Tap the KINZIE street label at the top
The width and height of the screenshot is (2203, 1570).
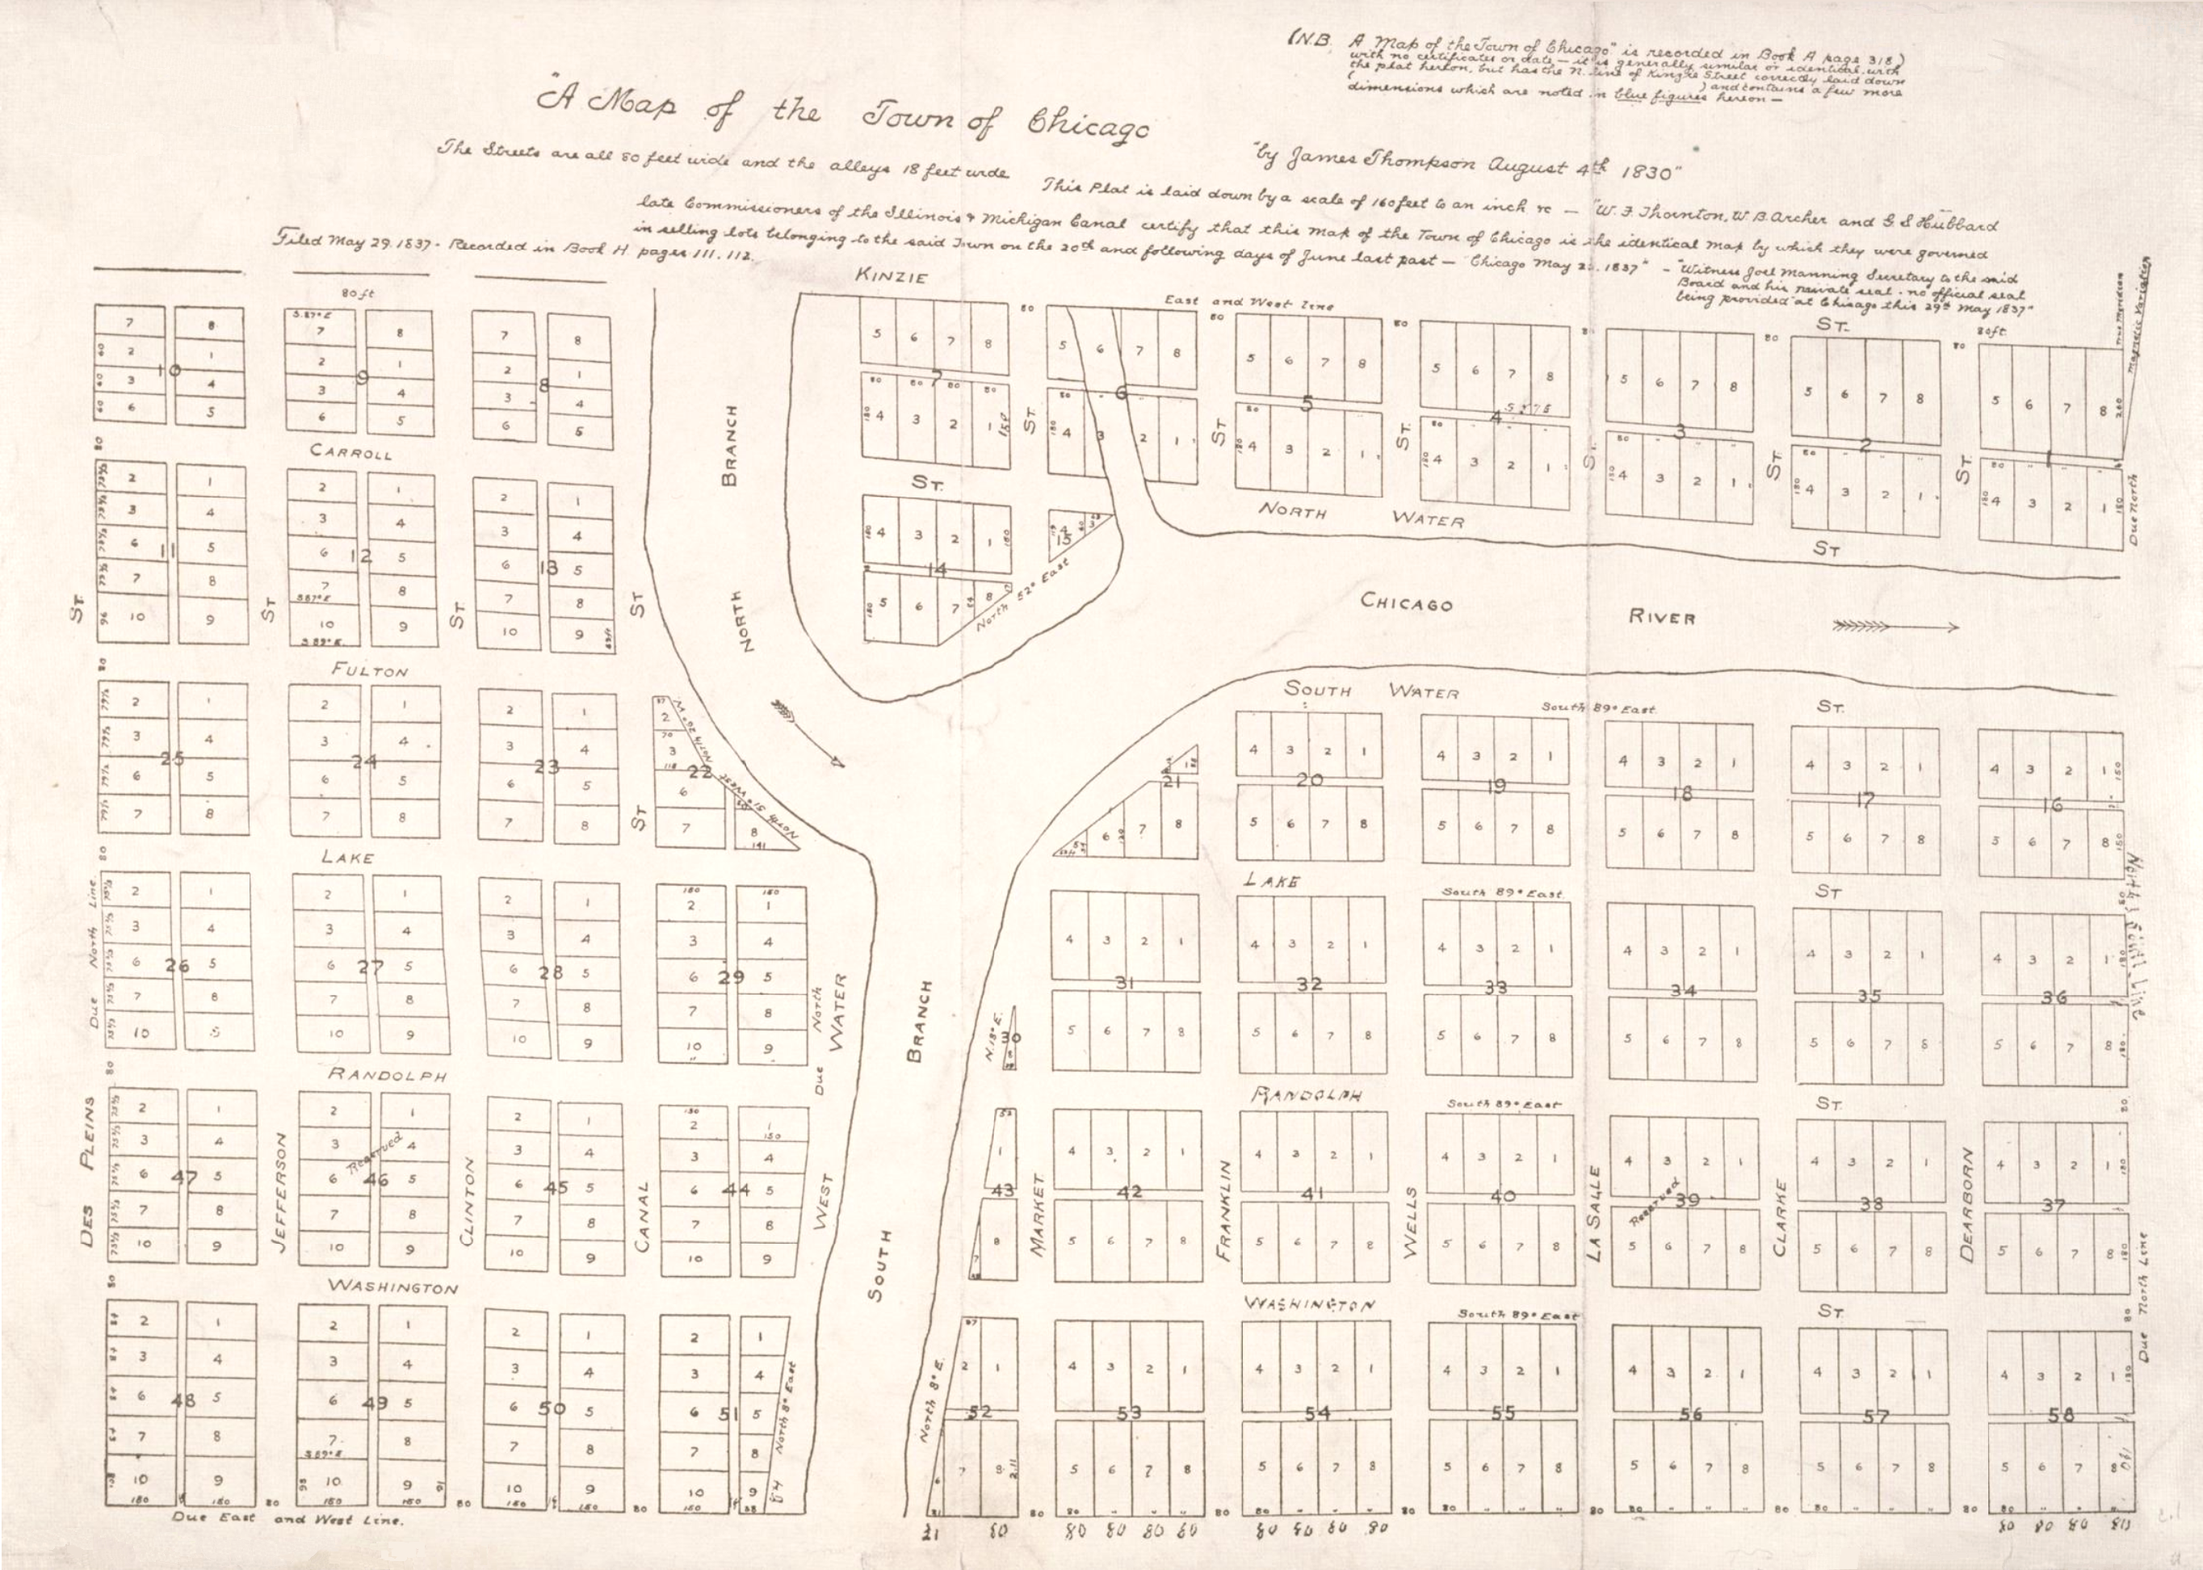[x=892, y=278]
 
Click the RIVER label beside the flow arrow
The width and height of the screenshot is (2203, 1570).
[x=1662, y=616]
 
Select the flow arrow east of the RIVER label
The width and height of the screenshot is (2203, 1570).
[x=1895, y=627]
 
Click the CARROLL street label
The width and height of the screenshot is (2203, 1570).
[x=351, y=451]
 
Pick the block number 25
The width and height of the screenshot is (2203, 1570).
[x=172, y=759]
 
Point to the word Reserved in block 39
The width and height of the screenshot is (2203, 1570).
[x=1655, y=1202]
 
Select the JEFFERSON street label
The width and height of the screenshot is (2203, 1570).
[x=283, y=1192]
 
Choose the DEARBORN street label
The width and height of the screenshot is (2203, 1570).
[x=1966, y=1203]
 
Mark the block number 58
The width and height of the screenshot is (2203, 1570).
[x=2060, y=1414]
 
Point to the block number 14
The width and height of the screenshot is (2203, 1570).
[x=935, y=569]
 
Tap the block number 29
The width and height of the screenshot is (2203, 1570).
[x=731, y=976]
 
